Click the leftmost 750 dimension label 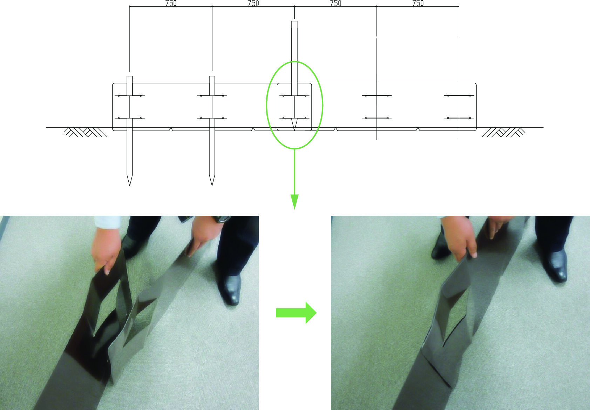tap(171, 3)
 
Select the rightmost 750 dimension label tap(418, 3)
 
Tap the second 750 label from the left tap(253, 3)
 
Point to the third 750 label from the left tap(335, 3)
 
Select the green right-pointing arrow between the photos tap(296, 313)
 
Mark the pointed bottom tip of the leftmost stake tap(130, 186)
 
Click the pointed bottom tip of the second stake tap(212, 186)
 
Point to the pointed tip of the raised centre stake tap(294, 130)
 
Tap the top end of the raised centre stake tap(294, 21)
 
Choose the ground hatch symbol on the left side tap(85, 132)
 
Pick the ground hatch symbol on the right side tap(503, 132)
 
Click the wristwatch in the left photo tap(222, 219)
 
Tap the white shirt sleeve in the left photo tap(108, 222)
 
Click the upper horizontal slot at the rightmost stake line tap(459, 95)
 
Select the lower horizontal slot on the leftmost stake tap(130, 118)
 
